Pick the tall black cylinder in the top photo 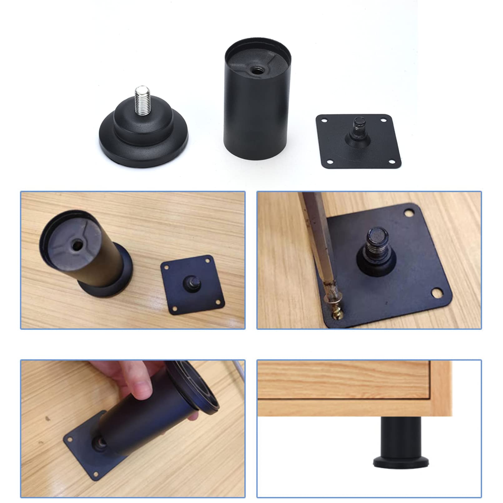click(x=257, y=103)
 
